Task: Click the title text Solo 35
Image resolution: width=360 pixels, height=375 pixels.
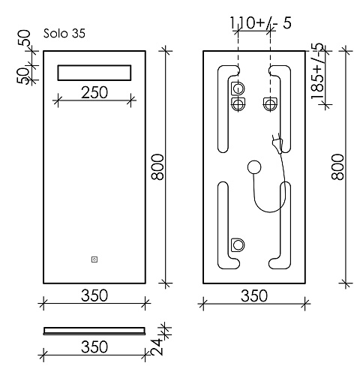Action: pos(64,33)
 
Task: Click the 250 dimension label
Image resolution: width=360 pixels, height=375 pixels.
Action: pos(94,92)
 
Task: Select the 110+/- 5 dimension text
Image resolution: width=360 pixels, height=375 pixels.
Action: pos(260,22)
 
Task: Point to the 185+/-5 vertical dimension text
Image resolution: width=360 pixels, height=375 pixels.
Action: pos(317,70)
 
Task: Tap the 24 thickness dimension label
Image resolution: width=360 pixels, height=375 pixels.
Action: pos(157,346)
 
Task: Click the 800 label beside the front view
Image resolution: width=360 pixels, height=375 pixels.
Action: pos(157,167)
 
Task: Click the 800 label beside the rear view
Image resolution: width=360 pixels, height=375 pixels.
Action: pos(337,167)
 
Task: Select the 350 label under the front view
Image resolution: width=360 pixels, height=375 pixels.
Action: pos(94,295)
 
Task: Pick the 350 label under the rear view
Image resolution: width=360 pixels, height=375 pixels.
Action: pos(254,295)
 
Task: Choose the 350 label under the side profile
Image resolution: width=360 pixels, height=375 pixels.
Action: pos(94,346)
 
